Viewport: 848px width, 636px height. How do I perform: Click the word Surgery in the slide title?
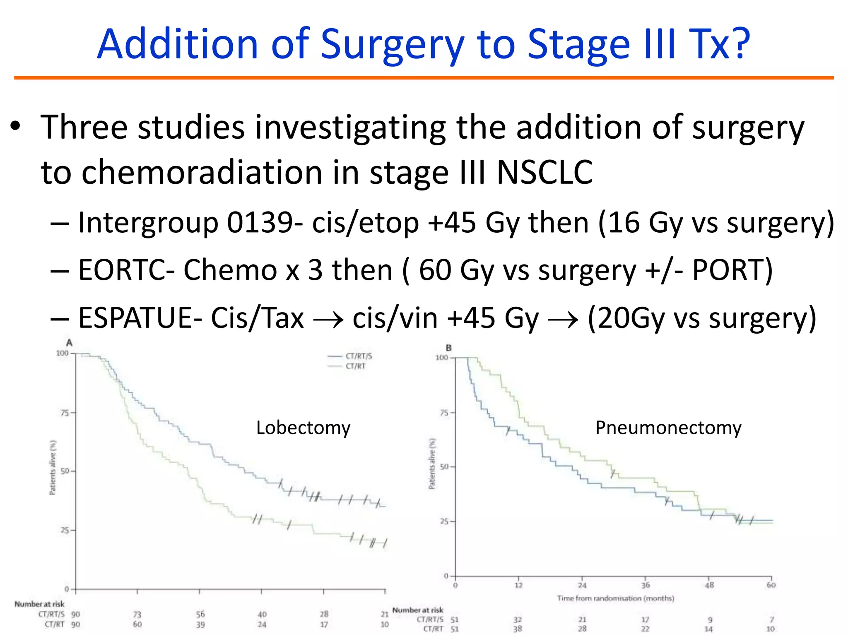(x=392, y=45)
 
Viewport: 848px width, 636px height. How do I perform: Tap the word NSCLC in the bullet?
(x=544, y=172)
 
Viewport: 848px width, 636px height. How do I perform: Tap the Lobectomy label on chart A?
(x=303, y=428)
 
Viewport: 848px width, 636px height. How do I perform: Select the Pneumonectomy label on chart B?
(x=668, y=428)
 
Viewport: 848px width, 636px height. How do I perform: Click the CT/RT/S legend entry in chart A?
(x=359, y=356)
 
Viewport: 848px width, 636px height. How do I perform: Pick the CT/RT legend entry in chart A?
(x=355, y=366)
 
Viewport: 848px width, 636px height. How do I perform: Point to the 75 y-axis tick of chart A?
(x=65, y=413)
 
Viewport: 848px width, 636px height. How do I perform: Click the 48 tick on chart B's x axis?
(x=709, y=585)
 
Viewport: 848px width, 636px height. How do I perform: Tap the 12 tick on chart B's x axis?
(x=518, y=585)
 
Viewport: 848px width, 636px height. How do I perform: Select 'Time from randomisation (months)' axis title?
(x=615, y=598)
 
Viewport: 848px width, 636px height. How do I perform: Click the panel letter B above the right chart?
(x=448, y=348)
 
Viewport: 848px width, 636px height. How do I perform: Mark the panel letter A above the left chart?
(x=69, y=343)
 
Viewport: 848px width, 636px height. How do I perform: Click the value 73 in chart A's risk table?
(x=137, y=614)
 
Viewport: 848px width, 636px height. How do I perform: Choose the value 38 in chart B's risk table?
(x=518, y=629)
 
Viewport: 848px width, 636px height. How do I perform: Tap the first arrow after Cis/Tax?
(x=328, y=320)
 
